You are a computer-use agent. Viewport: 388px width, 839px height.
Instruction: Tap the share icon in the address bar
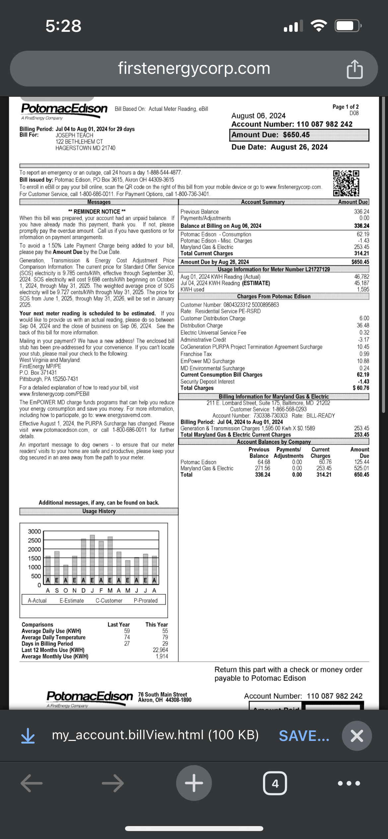pos(355,69)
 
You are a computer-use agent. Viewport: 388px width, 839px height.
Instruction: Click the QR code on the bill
pos(346,183)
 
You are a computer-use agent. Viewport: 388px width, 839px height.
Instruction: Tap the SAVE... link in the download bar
pos(304,736)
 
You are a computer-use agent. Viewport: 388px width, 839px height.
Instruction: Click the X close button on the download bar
pos(357,736)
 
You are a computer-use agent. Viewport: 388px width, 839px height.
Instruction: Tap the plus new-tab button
pos(194,783)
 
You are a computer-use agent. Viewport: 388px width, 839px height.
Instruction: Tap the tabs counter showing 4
pos(275,783)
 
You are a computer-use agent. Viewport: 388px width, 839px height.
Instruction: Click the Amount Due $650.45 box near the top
pos(299,135)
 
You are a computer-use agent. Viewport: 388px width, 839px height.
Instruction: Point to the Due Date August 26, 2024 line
pos(279,147)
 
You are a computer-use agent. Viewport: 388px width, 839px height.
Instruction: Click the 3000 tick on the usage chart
pos(34,531)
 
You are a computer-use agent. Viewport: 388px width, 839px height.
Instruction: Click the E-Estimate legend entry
pos(72,600)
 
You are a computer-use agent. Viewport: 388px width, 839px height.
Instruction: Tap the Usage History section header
pos(99,511)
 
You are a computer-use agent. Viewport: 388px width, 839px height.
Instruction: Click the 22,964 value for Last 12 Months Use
pos(161,650)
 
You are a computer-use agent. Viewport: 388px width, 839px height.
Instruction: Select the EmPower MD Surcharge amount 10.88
pos(363,361)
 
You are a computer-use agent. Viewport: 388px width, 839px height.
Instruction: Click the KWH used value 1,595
pos(363,289)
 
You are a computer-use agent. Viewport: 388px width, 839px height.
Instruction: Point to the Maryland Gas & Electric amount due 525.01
pos(361,468)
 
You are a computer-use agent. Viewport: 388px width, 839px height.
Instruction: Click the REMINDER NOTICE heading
pos(97,211)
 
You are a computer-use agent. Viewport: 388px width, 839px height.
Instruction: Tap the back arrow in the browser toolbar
pos(32,783)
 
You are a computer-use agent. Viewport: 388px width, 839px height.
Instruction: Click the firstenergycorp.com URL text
pos(194,69)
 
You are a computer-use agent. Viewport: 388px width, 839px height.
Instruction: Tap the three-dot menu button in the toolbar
pos(349,783)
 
